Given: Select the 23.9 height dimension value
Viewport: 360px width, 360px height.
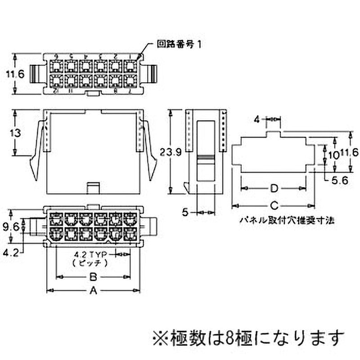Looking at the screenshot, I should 170,152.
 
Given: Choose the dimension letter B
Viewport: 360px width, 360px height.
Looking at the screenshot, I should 94,277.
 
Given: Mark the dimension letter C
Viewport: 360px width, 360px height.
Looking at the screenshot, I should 273,206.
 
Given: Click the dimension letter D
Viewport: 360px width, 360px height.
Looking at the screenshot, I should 273,187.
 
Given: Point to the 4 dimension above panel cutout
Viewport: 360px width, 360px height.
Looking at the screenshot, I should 256,119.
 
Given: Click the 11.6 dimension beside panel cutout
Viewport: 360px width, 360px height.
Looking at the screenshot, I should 349,153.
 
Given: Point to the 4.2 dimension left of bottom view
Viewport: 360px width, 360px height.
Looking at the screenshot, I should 11,253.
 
